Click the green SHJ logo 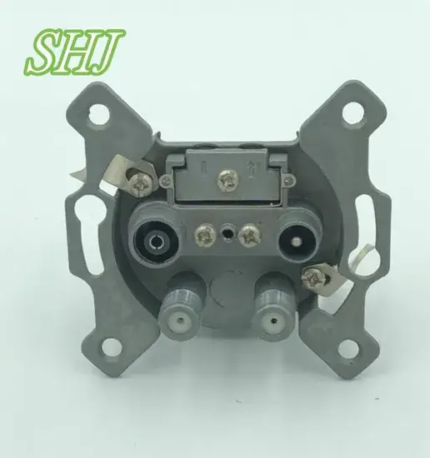point(74,52)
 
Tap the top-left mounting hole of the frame point(100,114)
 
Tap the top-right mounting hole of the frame point(353,113)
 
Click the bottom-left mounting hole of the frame point(111,347)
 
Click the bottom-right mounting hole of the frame point(348,346)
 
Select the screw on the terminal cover point(228,181)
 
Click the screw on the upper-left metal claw point(142,183)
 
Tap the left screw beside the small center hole point(206,235)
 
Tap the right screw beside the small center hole point(250,235)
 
